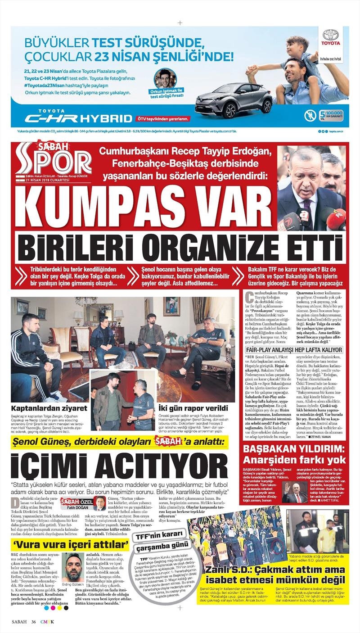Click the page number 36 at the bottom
click(x=34, y=622)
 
